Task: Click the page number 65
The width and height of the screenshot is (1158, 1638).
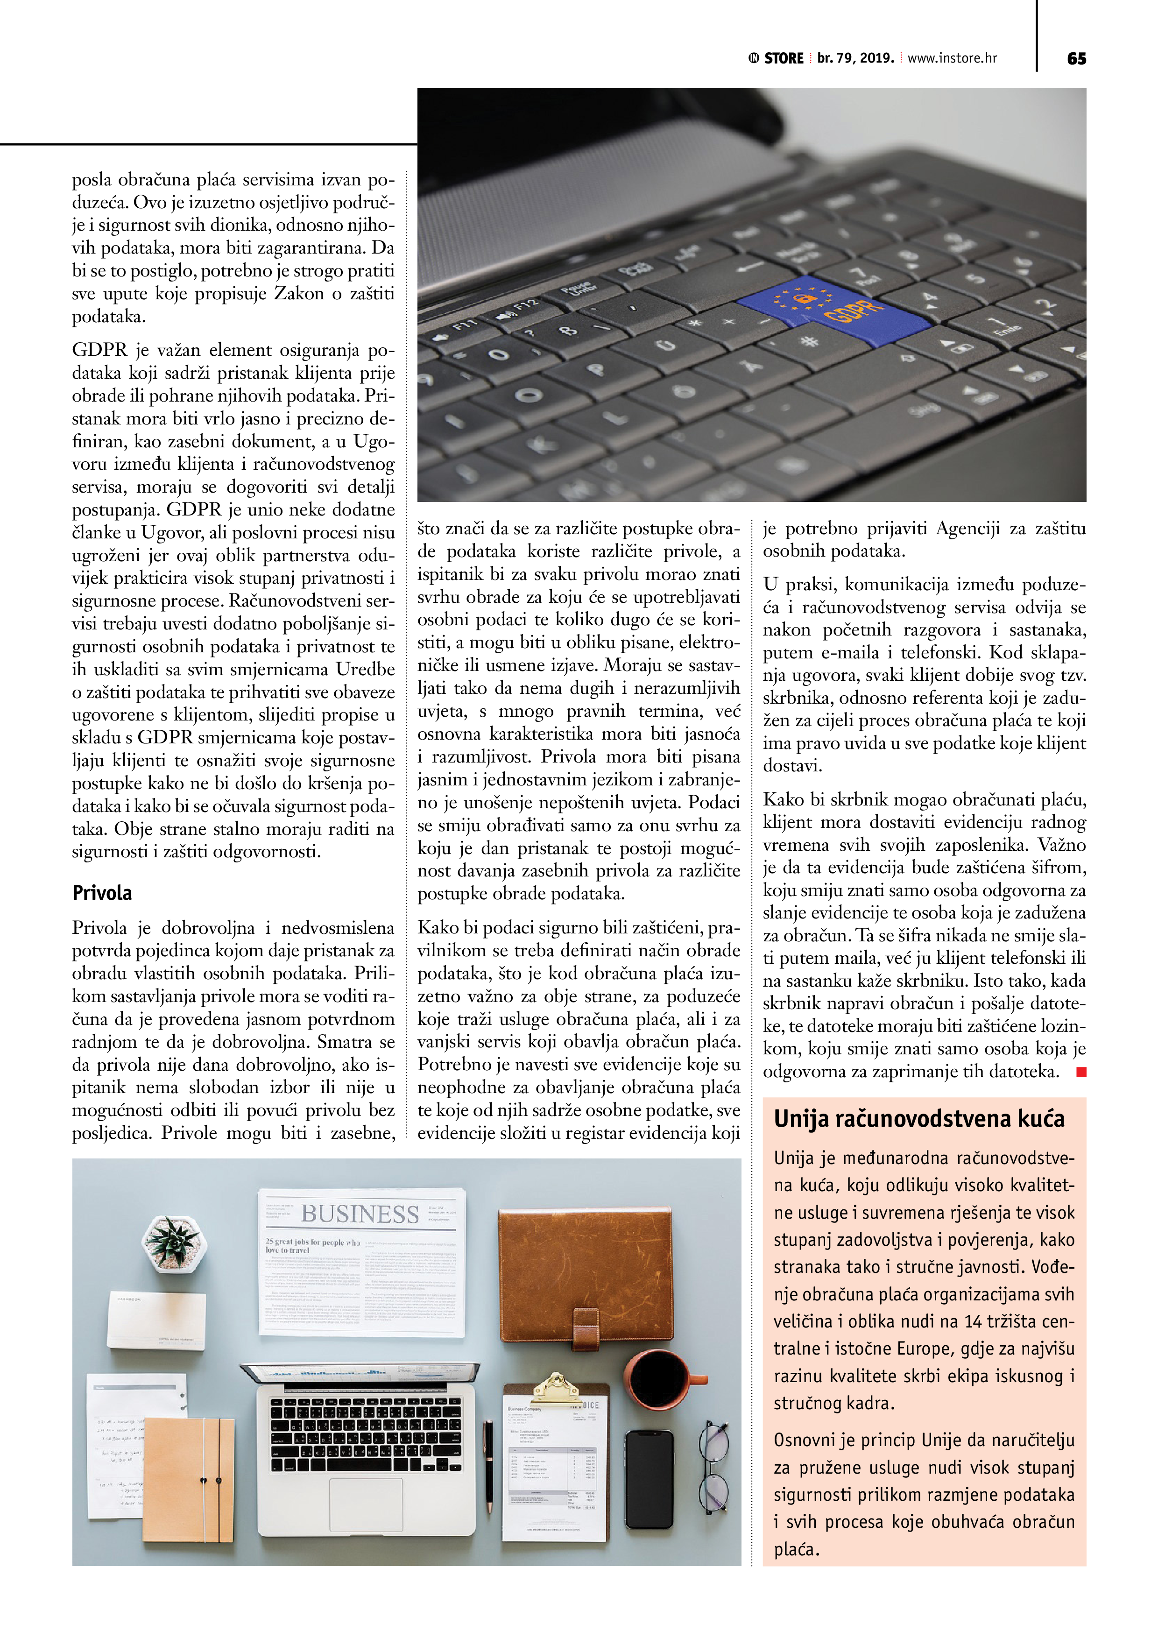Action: tap(1076, 58)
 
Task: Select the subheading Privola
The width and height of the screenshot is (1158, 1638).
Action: tap(102, 893)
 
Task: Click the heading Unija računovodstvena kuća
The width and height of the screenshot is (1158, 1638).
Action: tap(919, 1119)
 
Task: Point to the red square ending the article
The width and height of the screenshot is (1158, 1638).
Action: tap(1081, 1072)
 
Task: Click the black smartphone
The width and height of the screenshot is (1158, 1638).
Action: tap(650, 1479)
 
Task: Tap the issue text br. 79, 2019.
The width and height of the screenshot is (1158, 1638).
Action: tap(855, 58)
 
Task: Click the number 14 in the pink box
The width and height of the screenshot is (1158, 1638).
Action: tap(973, 1321)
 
